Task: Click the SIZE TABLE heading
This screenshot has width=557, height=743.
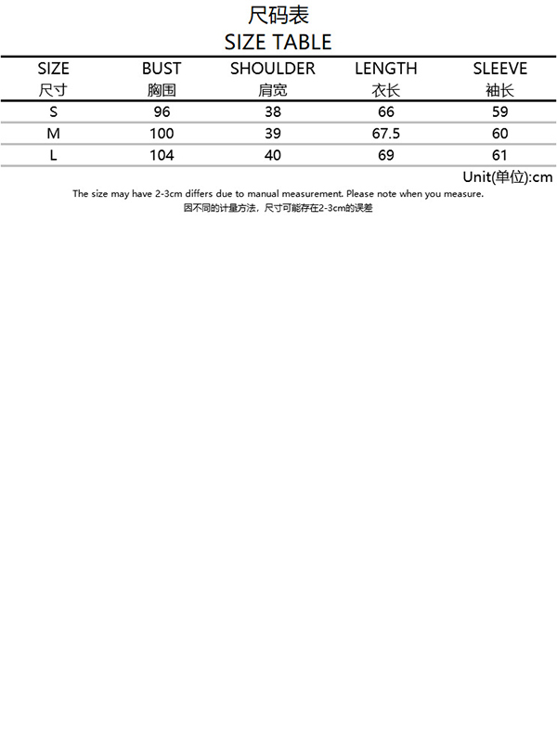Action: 278,43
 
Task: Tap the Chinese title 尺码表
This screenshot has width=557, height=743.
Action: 278,16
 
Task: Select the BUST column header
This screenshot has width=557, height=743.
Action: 162,69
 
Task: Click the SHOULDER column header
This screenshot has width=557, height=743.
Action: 273,69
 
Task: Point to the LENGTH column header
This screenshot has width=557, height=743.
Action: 386,69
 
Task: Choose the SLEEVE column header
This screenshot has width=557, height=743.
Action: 499,69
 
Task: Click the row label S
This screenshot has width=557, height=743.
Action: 54,112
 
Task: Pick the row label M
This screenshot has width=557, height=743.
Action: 54,134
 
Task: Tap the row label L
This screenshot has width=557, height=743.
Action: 54,155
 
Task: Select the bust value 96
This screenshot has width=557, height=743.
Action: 162,112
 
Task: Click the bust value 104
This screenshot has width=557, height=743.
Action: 162,155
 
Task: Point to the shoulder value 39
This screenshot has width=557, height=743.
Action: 273,134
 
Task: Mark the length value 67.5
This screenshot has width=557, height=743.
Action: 386,134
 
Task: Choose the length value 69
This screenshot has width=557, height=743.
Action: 386,155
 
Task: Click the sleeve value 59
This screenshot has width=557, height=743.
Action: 499,112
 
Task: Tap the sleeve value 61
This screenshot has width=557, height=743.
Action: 499,155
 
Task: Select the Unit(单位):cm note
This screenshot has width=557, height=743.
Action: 507,176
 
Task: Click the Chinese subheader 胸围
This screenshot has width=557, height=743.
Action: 162,91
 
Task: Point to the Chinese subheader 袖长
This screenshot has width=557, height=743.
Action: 499,91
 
